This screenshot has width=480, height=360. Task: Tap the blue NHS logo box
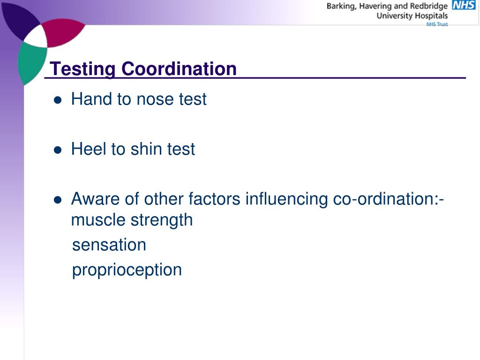coord(463,5)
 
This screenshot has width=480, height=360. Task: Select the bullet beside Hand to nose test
coord(58,100)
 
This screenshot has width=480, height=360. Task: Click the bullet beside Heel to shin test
coord(58,150)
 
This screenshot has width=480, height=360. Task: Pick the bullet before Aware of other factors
coord(58,200)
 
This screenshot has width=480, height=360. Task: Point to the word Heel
coord(89,150)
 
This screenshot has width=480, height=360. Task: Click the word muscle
coord(96,220)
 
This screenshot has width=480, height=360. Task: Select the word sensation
coord(109,245)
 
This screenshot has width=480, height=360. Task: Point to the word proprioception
coord(127,270)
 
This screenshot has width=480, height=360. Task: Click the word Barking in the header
coord(341,6)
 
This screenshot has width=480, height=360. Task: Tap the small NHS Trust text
coord(437,24)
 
